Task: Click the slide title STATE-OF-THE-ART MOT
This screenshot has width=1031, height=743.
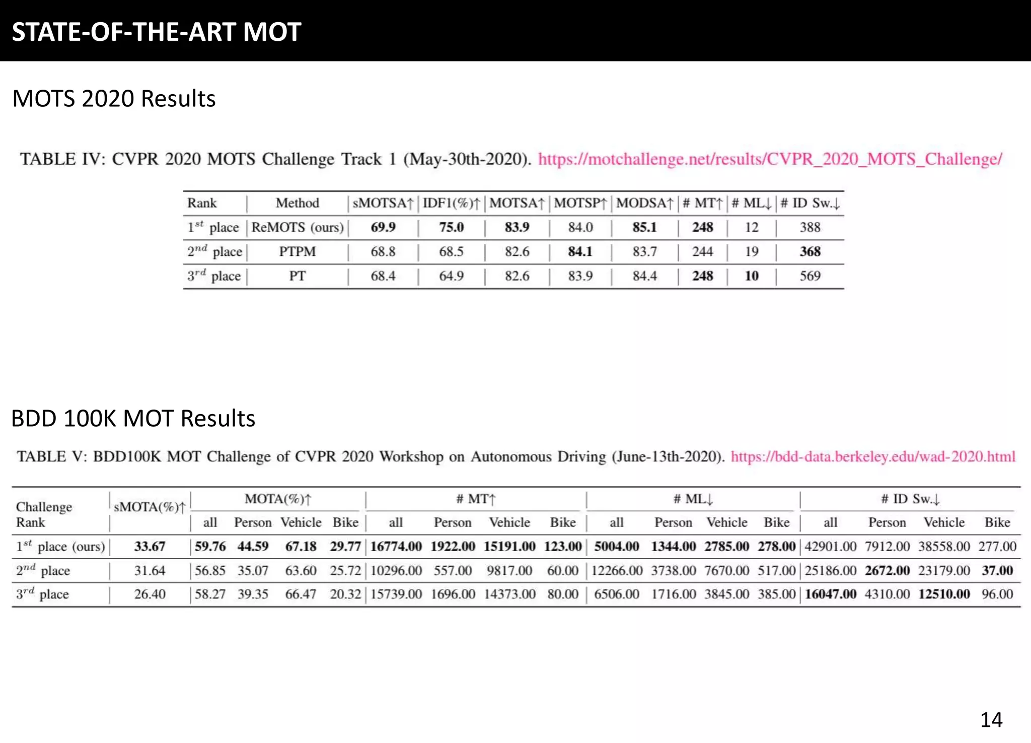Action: (x=157, y=32)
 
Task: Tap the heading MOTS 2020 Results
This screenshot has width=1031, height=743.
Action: (x=114, y=98)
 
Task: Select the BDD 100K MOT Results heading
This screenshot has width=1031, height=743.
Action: (x=133, y=418)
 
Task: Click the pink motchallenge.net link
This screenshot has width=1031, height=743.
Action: (x=770, y=159)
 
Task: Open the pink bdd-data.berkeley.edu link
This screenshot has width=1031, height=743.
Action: (x=873, y=456)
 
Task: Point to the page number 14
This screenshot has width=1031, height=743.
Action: (x=991, y=720)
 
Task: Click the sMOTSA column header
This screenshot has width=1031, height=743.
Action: (x=383, y=203)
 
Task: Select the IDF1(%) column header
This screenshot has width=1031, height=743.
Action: (x=451, y=203)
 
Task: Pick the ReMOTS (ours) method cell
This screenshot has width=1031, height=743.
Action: (x=297, y=227)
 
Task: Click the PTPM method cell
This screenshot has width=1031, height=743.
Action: (x=297, y=251)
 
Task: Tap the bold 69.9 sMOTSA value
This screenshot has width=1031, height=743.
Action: (x=383, y=227)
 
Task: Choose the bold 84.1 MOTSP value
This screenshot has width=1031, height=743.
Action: (x=580, y=251)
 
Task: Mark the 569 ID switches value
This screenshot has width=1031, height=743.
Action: (x=810, y=276)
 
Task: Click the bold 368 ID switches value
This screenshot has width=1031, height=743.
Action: (x=810, y=251)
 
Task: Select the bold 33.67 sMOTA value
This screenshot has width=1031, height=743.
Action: (x=150, y=547)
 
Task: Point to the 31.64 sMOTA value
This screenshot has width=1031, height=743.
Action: (x=150, y=571)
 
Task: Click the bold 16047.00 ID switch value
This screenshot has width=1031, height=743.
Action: (x=830, y=594)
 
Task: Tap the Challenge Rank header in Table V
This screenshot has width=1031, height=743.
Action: (x=44, y=514)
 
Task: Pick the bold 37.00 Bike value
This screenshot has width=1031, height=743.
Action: (x=997, y=571)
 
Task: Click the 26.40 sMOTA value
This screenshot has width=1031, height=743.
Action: (x=150, y=594)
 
